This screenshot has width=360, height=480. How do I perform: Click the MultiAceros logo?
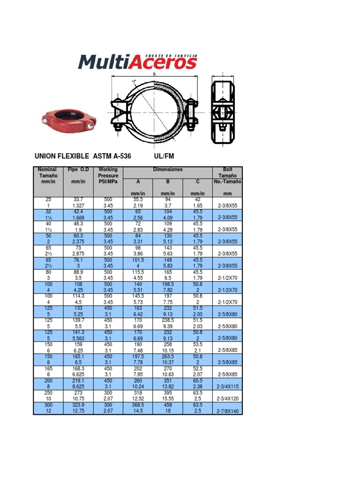(x=138, y=62)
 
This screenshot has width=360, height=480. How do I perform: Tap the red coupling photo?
(x=69, y=120)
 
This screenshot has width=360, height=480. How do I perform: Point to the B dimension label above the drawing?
(x=154, y=74)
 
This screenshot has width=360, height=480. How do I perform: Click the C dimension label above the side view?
(x=223, y=74)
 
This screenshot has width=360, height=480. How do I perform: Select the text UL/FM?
(x=164, y=156)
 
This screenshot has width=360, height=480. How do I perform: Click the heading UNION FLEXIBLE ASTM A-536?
(x=82, y=156)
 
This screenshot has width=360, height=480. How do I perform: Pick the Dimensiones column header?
(x=168, y=169)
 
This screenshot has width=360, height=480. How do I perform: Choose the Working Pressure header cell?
(x=108, y=175)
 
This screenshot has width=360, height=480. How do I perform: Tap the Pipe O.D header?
(x=78, y=169)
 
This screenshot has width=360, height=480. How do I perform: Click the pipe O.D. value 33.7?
(x=78, y=200)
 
